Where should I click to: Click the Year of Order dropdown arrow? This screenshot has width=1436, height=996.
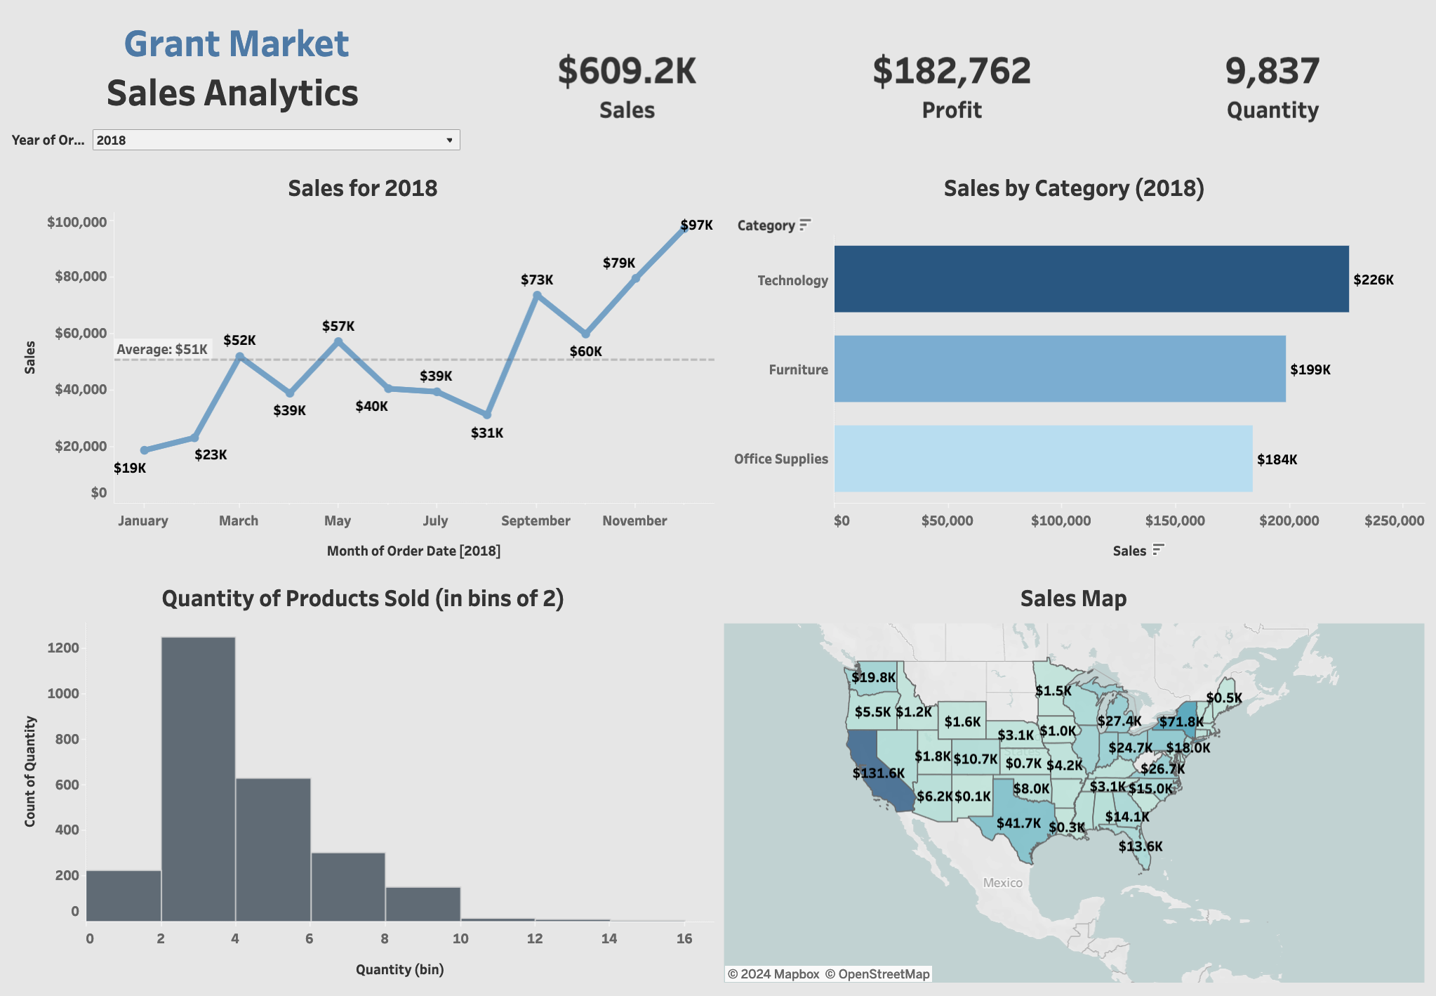click(449, 140)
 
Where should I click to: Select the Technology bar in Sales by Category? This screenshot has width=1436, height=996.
click(1091, 279)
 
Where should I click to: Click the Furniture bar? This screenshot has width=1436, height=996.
click(1059, 369)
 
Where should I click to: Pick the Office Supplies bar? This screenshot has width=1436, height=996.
click(1043, 459)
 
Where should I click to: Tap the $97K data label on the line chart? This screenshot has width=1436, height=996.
click(696, 225)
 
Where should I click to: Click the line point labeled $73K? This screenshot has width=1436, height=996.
click(537, 296)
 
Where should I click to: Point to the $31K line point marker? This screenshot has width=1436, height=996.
click(487, 415)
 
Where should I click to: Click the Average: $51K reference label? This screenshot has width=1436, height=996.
click(162, 349)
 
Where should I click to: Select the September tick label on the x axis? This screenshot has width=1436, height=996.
click(536, 521)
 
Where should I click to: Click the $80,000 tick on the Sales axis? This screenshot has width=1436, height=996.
click(81, 277)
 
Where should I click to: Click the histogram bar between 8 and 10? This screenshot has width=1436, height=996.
click(423, 904)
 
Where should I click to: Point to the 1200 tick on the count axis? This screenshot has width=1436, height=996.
click(63, 648)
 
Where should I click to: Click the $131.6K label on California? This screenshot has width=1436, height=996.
click(879, 773)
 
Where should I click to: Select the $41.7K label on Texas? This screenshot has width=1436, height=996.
click(1018, 823)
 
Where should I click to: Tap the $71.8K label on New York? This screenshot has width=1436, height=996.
click(1181, 722)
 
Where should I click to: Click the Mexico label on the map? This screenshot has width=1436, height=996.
click(1003, 883)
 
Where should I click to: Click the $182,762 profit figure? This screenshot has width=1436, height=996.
click(952, 72)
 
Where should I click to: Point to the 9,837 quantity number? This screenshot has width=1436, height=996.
click(1272, 72)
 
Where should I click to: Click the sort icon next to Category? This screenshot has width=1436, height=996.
click(805, 225)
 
